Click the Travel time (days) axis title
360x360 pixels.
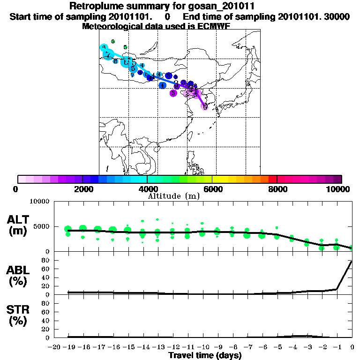205,355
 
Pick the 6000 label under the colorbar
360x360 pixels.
212,188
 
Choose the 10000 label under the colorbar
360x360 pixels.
339,188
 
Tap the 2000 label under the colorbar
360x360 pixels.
82,188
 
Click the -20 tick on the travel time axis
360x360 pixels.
54,347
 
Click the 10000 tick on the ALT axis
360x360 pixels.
39,202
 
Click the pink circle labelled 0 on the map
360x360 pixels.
205,106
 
